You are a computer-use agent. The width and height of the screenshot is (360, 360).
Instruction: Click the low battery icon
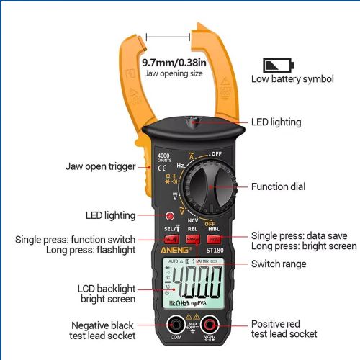click(278, 65)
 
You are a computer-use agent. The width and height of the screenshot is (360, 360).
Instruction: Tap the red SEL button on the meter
click(171, 239)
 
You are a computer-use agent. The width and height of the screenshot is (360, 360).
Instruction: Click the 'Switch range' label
click(279, 264)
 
